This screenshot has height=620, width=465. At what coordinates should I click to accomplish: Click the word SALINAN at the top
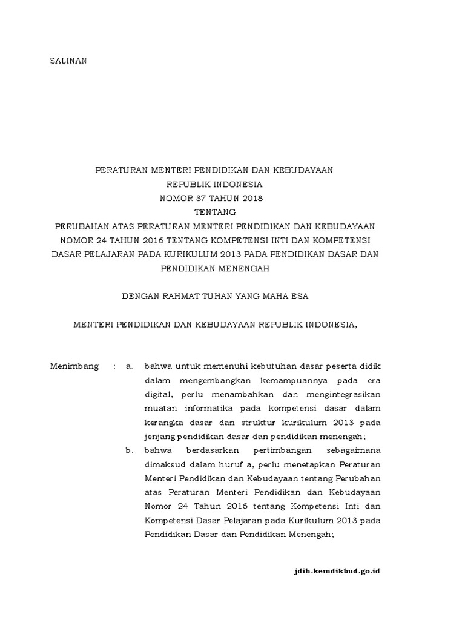[x=68, y=61]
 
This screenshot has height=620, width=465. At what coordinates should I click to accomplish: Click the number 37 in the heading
[x=203, y=198]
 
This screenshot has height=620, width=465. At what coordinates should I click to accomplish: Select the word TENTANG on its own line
[x=215, y=212]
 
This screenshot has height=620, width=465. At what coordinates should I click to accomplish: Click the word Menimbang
[x=74, y=366]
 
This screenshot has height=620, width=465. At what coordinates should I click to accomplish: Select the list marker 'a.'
[x=128, y=366]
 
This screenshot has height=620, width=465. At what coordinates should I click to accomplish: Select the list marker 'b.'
[x=128, y=450]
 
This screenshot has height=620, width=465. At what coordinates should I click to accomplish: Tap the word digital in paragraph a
[x=157, y=394]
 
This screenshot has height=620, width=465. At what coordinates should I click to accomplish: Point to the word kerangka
[x=163, y=422]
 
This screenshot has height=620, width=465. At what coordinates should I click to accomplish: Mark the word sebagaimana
[x=351, y=450]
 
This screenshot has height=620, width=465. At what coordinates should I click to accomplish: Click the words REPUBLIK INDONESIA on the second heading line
[x=215, y=184]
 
